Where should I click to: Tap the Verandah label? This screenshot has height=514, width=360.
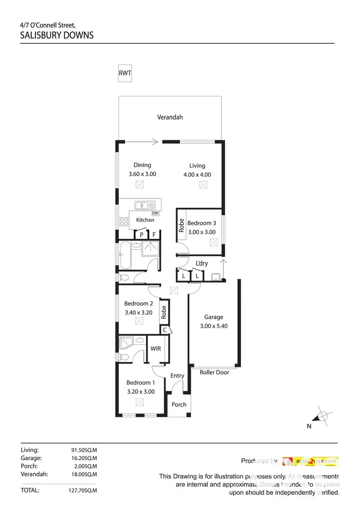tap(170, 117)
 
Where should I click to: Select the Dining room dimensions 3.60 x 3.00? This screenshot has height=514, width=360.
tap(142, 174)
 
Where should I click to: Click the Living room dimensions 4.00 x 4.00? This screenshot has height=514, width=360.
tap(197, 175)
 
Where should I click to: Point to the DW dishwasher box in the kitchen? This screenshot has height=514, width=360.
tap(155, 213)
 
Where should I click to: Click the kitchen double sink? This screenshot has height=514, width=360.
tap(144, 206)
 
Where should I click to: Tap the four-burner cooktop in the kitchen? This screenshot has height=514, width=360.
tap(124, 222)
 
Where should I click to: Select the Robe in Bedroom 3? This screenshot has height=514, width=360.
tap(181, 225)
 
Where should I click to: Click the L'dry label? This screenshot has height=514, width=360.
tap(202, 263)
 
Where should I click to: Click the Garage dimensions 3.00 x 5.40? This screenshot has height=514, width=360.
tap(214, 326)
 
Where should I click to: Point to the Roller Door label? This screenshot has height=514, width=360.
tap(214, 372)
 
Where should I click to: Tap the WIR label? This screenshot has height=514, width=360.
tap(156, 349)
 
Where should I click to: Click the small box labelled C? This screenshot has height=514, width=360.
tap(165, 330)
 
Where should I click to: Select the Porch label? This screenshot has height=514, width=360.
tap(179, 404)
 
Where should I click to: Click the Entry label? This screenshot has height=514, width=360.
tap(177, 376)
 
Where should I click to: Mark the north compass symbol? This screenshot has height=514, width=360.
tap(322, 416)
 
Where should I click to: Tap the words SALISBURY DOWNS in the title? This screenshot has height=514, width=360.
tap(57, 36)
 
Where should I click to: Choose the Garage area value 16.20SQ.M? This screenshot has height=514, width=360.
tap(84, 458)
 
